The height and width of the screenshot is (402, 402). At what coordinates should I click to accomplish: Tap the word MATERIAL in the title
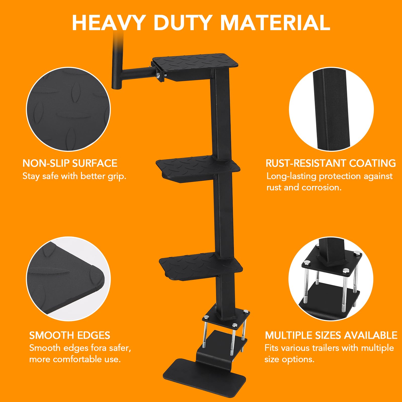275,23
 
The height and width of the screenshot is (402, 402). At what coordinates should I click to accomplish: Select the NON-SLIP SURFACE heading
70,163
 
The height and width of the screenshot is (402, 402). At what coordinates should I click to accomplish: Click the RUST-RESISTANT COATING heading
331,163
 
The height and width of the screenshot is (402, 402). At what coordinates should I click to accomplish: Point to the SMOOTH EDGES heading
70,335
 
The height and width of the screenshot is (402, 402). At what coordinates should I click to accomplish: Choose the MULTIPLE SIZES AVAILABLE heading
331,335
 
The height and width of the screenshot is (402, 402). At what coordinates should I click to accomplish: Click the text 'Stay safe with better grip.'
74,176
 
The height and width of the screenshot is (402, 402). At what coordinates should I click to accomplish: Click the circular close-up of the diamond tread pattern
68,110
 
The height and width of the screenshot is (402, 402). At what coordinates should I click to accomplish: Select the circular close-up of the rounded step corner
68,279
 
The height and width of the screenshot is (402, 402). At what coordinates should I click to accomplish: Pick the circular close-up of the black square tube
331,110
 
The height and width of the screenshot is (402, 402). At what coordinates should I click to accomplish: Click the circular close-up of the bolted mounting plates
331,279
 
